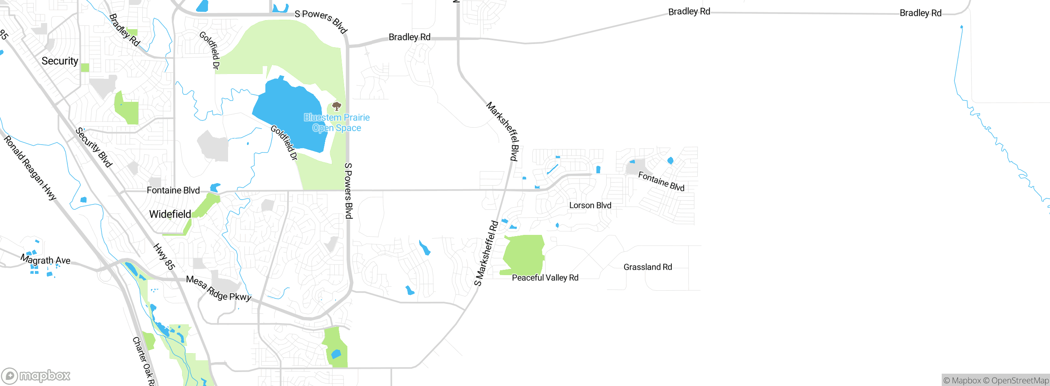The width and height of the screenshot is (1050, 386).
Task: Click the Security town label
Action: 60,61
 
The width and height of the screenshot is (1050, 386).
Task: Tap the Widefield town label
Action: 170,214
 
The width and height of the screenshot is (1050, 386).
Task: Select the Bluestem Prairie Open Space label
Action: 337,123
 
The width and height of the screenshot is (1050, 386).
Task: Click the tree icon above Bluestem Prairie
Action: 337,107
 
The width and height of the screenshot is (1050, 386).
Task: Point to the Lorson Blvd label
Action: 590,205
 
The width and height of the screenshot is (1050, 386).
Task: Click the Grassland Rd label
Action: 648,267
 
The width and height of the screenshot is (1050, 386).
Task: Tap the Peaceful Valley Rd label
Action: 545,278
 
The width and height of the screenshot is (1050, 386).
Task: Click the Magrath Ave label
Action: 46,260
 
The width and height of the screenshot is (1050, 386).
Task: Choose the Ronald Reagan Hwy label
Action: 30,168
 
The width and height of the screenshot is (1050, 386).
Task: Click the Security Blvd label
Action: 94,147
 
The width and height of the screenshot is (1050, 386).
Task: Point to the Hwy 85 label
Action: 164,257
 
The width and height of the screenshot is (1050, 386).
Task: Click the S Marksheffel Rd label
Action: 486,253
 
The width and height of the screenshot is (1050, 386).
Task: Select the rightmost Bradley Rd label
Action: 920,13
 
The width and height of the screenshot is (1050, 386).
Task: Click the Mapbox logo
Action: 36,375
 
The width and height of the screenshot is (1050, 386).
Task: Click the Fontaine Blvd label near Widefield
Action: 173,190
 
